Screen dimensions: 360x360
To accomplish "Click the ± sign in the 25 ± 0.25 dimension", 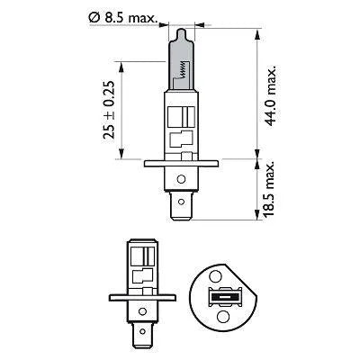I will pos(109,111).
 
